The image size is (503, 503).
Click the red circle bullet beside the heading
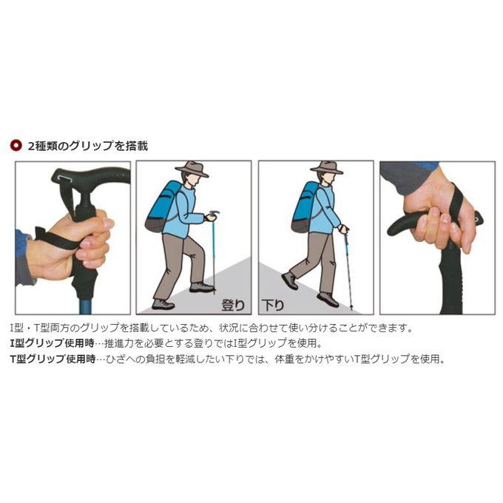tap(16, 146)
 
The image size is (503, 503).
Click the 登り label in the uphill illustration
tap(233, 305)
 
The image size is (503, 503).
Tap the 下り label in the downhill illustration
tap(273, 305)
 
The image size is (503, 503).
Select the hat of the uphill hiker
tap(192, 169)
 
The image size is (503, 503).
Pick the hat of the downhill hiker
tap(327, 167)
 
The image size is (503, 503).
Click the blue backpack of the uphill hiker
tap(163, 206)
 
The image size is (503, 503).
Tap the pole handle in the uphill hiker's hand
tap(213, 214)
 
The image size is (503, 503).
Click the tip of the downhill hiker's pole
tap(351, 308)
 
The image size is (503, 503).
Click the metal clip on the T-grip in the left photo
tap(64, 179)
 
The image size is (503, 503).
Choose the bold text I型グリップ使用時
tap(53, 343)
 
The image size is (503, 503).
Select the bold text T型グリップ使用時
tap(53, 359)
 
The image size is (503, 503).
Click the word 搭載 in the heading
tap(137, 146)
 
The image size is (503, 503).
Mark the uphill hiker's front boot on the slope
tap(201, 287)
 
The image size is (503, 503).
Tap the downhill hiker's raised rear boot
tap(290, 280)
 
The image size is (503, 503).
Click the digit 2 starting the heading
tap(31, 146)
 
